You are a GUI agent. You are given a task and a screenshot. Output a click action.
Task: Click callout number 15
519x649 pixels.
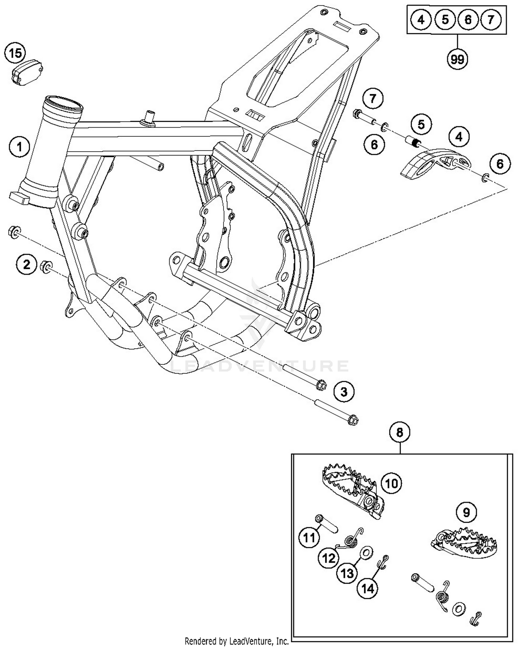[x=15, y=54]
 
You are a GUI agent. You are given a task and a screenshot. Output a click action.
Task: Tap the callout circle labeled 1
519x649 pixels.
[x=19, y=147]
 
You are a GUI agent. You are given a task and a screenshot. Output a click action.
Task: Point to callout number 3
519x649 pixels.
[x=344, y=392]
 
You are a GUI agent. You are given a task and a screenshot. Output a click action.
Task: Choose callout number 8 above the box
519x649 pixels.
[x=400, y=432]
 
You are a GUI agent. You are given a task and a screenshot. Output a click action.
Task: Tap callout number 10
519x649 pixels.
[x=391, y=483]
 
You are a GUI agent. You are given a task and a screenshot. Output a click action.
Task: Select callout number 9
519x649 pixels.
[x=466, y=512]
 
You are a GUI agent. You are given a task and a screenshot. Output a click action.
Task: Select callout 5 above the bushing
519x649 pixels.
[x=421, y=124]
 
